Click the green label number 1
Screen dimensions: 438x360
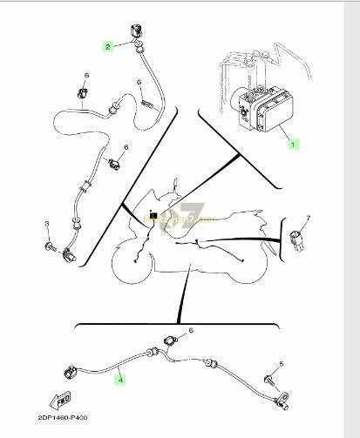pyautogui.click(x=293, y=142)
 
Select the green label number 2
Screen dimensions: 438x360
pyautogui.click(x=109, y=45)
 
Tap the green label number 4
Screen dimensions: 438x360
pyautogui.click(x=120, y=380)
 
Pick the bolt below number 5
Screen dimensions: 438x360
pyautogui.click(x=270, y=380)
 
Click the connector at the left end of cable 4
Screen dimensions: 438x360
pyautogui.click(x=68, y=374)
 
